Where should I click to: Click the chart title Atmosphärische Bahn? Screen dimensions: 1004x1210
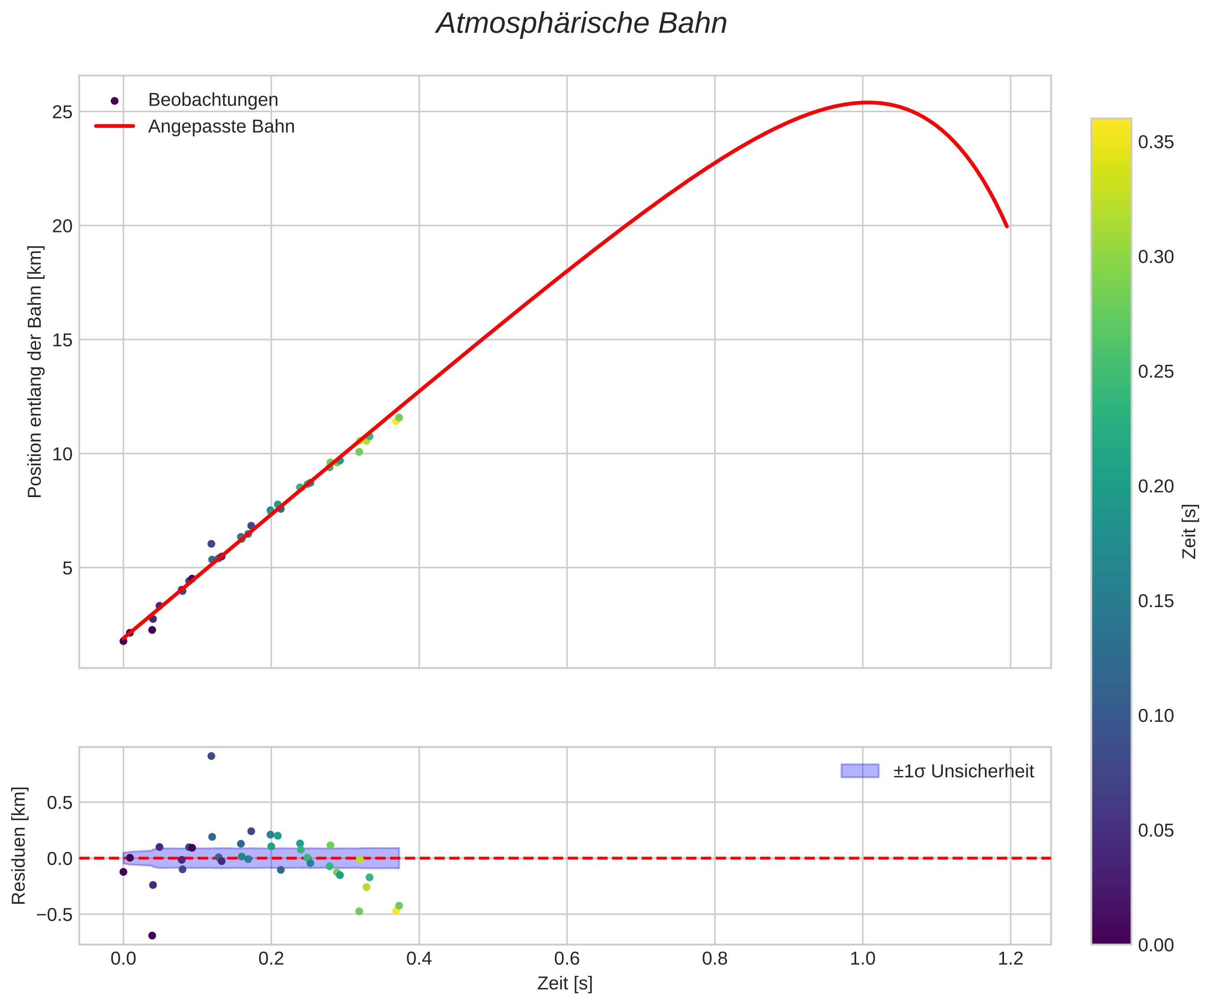(x=581, y=24)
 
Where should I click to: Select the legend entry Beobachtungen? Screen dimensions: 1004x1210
(x=213, y=100)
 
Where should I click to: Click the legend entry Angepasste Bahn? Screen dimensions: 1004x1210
(x=221, y=127)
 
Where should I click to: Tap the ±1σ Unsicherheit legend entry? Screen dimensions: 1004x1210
(x=963, y=771)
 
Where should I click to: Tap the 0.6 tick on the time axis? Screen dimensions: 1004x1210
(x=567, y=959)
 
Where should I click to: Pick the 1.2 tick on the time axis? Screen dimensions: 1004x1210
(x=1011, y=959)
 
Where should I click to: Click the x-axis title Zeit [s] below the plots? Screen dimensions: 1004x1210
(x=565, y=984)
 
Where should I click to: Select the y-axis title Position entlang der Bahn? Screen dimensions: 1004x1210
(x=36, y=372)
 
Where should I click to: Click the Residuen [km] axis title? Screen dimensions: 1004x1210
(x=19, y=845)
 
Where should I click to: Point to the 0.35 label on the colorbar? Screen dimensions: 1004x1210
(x=1156, y=142)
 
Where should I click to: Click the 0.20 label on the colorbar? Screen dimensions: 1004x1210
(x=1156, y=486)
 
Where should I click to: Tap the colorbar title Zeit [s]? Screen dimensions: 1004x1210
(x=1190, y=532)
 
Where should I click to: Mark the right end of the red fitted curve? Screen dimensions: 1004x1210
(x=1007, y=227)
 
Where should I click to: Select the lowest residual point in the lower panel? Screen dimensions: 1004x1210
(x=152, y=936)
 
